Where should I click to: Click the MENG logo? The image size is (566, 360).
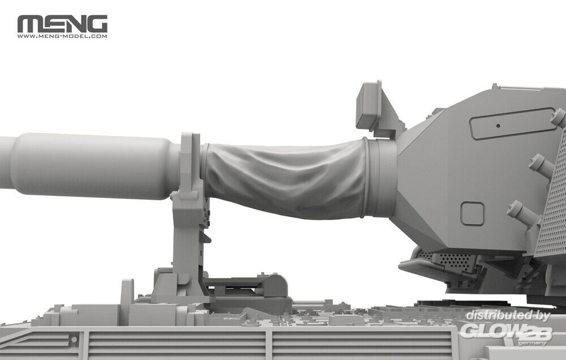point(62,24)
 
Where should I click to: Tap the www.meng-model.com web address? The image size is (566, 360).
point(62,36)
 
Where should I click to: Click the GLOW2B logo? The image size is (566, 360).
point(506,332)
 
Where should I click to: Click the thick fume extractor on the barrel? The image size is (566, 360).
point(90,166)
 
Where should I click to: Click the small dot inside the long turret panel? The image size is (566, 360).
point(498,126)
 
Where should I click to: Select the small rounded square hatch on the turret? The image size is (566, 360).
point(472,214)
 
